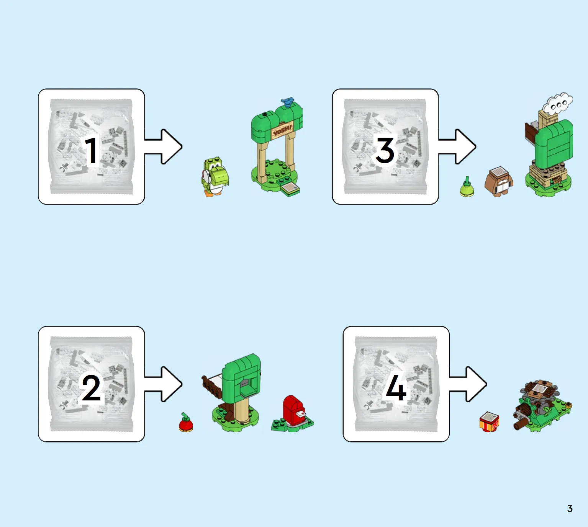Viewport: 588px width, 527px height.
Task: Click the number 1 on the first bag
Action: coord(92,150)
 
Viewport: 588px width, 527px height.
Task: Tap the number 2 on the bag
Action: coord(91,388)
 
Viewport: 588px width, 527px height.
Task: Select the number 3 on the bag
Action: coord(385,150)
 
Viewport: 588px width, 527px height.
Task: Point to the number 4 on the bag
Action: coord(396,388)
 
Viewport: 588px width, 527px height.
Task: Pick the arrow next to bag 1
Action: coord(164,146)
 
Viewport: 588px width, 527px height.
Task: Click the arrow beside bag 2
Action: coord(164,384)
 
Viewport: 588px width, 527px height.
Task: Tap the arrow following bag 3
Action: coord(457,146)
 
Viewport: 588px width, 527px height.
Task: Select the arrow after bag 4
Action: coord(468,384)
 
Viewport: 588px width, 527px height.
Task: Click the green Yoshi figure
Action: coord(215,177)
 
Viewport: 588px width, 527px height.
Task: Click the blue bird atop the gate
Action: coord(287,102)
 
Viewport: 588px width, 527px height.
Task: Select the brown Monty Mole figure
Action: coord(499,181)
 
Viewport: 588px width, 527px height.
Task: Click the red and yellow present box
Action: coord(489,421)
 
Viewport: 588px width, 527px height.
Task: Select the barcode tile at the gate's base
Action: coord(290,187)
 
